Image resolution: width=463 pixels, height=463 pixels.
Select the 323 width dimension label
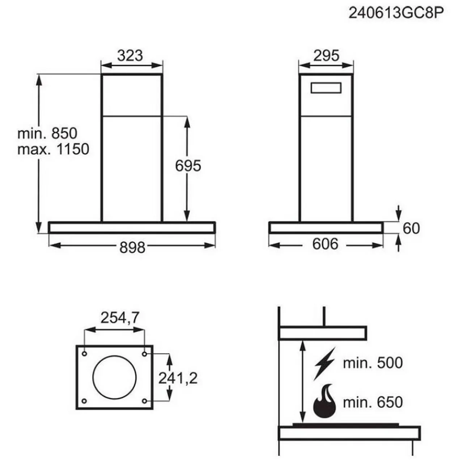click(130, 55)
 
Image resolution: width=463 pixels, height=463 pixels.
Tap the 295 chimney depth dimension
click(326, 55)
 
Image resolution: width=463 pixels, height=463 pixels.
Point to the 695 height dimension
click(188, 166)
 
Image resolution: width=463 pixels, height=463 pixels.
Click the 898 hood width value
click(132, 247)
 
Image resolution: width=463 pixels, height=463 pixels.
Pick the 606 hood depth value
click(325, 244)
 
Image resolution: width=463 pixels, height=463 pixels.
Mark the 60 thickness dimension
click(411, 228)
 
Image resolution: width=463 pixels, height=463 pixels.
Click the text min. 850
click(47, 133)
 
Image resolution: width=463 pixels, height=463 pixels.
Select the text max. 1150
click(53, 149)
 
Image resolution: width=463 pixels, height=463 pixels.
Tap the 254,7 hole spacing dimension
click(120, 318)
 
